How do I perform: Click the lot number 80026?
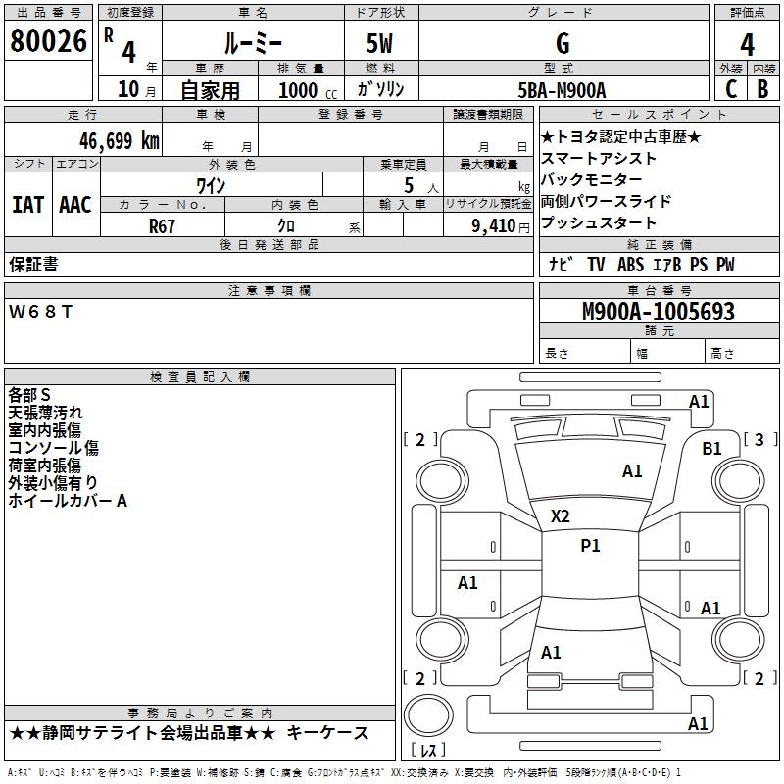point(48,40)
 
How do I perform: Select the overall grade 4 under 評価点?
point(747,45)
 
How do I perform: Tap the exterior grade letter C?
point(731,89)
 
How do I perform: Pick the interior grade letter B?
point(762,89)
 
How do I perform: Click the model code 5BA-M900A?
point(562,90)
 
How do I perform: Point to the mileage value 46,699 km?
point(119,141)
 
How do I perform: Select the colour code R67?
point(162,226)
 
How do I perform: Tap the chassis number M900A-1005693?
point(659,312)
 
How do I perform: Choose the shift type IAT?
point(28,205)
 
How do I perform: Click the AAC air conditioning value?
point(75,205)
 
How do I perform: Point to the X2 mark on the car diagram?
point(560,516)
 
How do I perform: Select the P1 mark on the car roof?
point(590,546)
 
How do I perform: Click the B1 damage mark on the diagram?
point(711,449)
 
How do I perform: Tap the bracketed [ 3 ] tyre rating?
point(760,439)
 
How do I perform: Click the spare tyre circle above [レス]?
point(428,714)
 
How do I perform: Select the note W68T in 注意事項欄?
point(40,312)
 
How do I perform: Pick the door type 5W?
point(379,43)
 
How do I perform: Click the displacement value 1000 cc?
point(308,90)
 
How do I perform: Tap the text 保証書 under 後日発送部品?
point(33,265)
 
